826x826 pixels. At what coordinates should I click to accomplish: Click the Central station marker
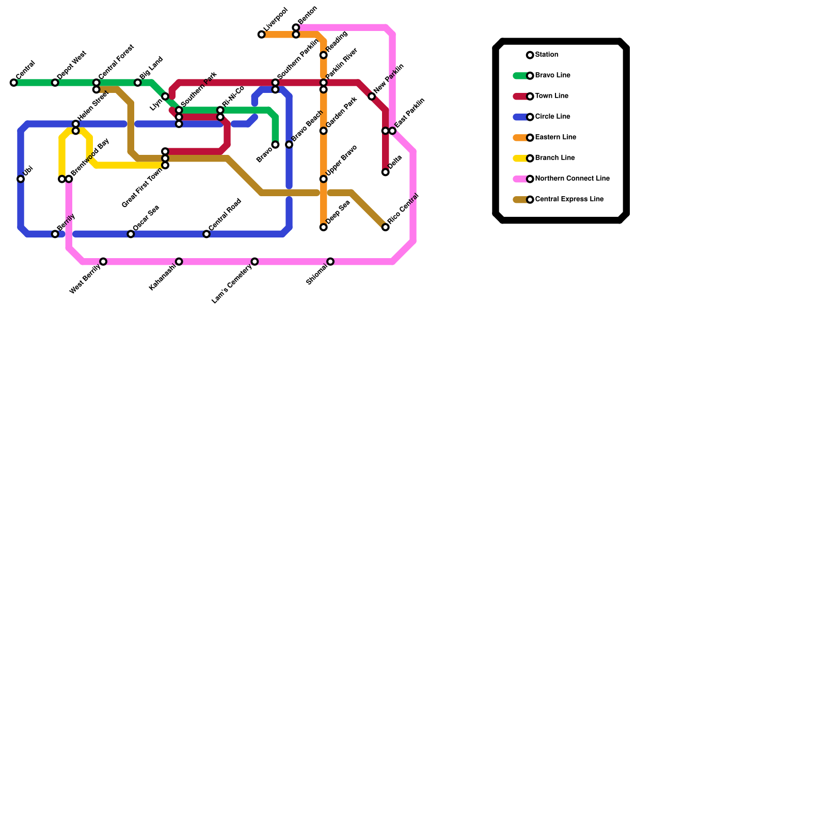pos(14,83)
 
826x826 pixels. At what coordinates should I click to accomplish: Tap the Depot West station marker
pos(55,83)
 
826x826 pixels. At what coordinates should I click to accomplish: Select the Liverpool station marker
pos(262,35)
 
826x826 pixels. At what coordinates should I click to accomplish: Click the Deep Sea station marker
pos(324,227)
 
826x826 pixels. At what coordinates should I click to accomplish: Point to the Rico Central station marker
pos(386,227)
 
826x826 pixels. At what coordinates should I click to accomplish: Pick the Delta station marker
pos(386,172)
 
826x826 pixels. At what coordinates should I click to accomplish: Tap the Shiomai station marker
pos(330,262)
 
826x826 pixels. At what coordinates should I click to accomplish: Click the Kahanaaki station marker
pos(179,262)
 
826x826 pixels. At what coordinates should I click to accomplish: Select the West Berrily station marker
pos(103,262)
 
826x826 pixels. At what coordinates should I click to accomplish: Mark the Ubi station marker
pos(21,179)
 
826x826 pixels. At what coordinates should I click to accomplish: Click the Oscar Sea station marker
pos(131,234)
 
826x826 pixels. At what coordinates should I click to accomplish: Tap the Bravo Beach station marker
pos(289,145)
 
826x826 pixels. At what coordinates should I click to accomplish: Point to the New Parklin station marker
pos(372,97)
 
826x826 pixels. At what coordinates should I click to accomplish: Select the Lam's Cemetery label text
pos(232,283)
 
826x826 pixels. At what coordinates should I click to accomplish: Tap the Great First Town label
pos(142,188)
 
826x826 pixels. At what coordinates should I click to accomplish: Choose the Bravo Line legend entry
pos(552,75)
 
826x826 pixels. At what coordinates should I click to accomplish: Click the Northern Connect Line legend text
pos(572,179)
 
